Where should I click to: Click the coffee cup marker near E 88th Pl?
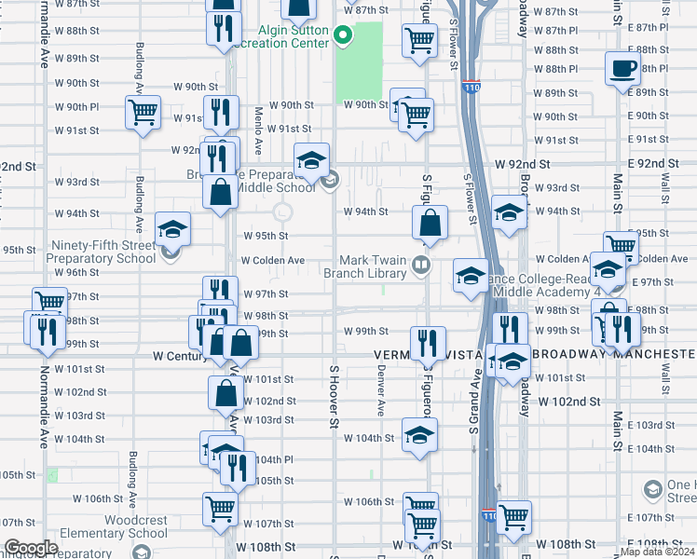coord(622,68)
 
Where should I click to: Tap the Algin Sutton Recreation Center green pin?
coord(343,37)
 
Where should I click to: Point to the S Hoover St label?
coord(333,397)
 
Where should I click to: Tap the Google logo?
coord(31,548)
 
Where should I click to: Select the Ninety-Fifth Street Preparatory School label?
coord(103,252)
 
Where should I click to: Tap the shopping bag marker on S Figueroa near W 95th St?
coord(430,223)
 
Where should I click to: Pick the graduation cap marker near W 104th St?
coord(419,434)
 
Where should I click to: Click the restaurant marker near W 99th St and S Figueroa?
coord(429,342)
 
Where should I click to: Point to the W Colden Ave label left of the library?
coord(273,261)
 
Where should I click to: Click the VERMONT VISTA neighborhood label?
coord(414,355)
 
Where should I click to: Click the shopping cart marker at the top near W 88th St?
coord(419,40)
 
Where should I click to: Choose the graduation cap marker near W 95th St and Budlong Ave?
coord(172,229)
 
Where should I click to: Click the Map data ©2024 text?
coord(657,552)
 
